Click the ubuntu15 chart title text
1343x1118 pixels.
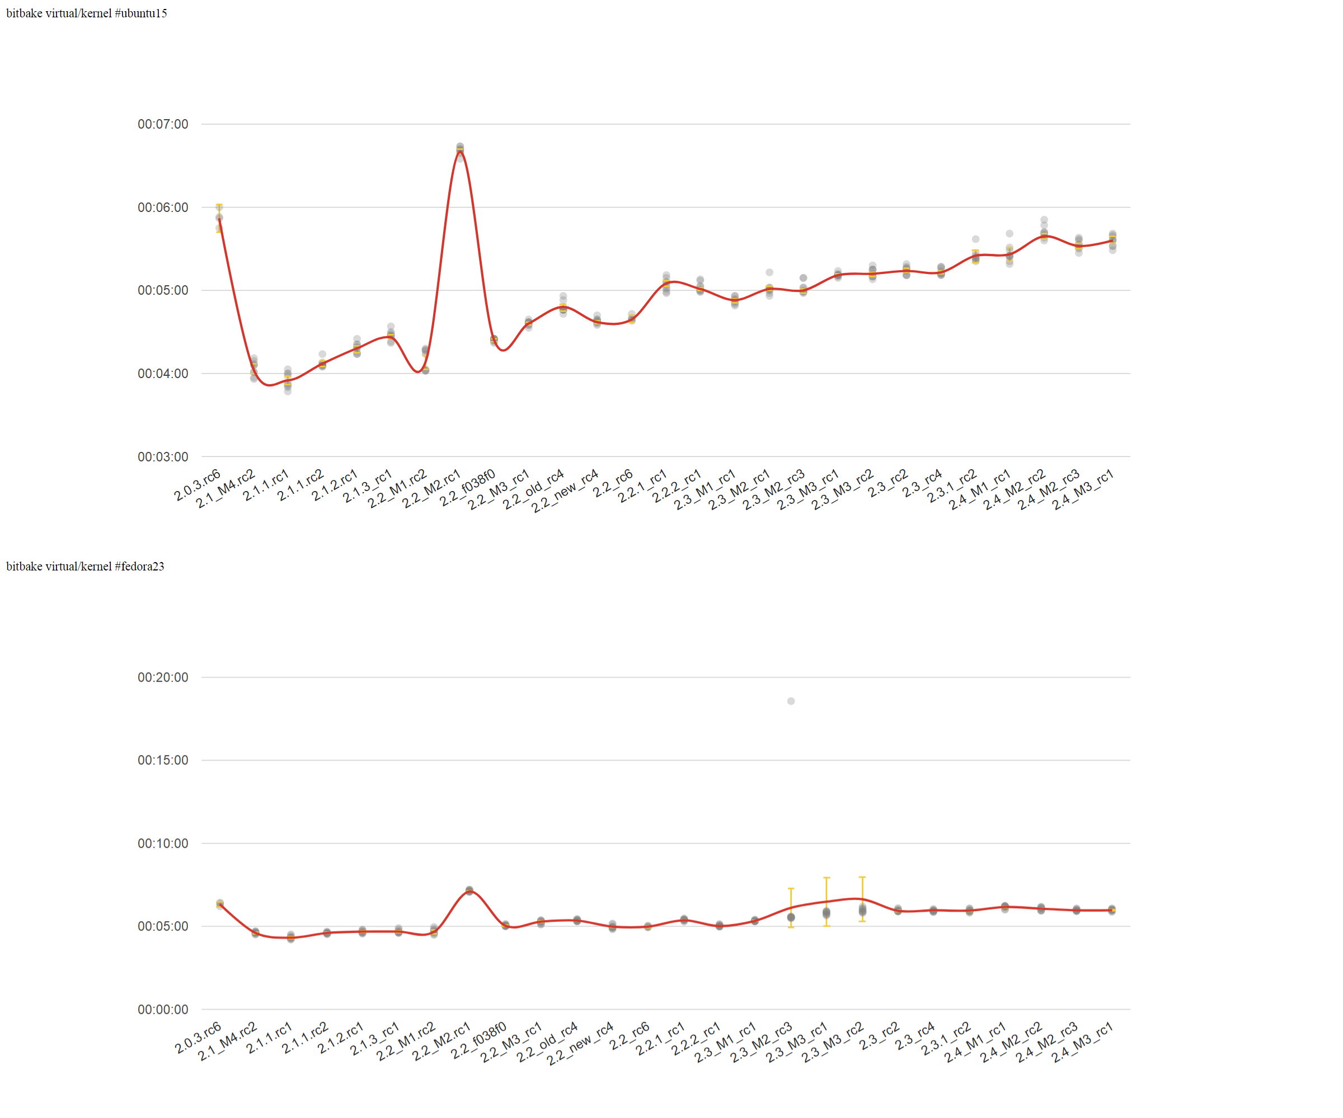pyautogui.click(x=86, y=13)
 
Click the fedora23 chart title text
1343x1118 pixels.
pyautogui.click(x=85, y=567)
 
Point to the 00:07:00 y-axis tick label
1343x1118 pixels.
pyautogui.click(x=162, y=124)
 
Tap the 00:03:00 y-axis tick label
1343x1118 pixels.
pyautogui.click(x=162, y=457)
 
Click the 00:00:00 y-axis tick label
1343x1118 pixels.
pyautogui.click(x=162, y=1010)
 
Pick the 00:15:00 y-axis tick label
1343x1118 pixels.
pyautogui.click(x=162, y=761)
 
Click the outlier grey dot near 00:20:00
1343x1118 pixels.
pyautogui.click(x=791, y=701)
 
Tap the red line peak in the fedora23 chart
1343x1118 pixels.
pyautogui.click(x=469, y=890)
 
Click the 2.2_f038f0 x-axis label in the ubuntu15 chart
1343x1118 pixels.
pyautogui.click(x=467, y=489)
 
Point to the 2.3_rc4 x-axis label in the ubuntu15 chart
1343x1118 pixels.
pyautogui.click(x=922, y=484)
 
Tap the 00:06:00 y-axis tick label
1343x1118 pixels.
pyautogui.click(x=162, y=207)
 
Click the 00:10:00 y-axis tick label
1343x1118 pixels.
pyautogui.click(x=162, y=844)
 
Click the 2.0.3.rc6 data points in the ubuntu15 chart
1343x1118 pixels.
pyautogui.click(x=219, y=218)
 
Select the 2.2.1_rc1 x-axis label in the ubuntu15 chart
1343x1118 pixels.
pyautogui.click(x=642, y=487)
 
